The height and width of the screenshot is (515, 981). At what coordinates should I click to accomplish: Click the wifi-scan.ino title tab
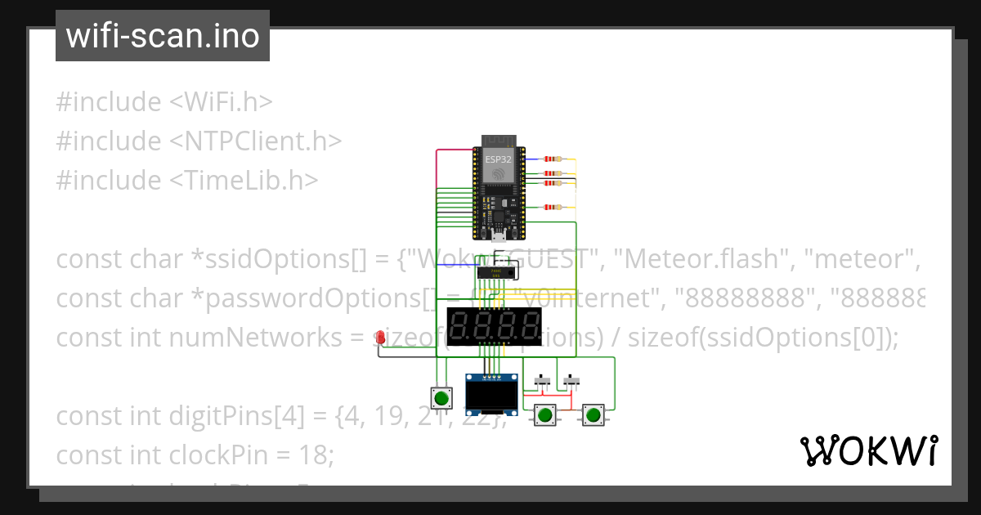[162, 36]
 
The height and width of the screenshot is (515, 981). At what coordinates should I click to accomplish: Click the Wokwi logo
[867, 451]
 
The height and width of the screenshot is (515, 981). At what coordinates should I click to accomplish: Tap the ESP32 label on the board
[498, 159]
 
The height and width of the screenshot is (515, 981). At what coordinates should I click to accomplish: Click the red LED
[380, 337]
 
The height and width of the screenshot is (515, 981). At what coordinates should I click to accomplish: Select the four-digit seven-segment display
[494, 327]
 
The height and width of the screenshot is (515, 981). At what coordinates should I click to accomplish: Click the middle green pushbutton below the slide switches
[545, 415]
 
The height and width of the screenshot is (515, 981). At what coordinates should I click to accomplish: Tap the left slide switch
[541, 381]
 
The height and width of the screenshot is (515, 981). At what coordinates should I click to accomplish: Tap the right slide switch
[571, 381]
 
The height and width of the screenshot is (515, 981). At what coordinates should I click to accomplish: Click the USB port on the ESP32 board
[497, 237]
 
